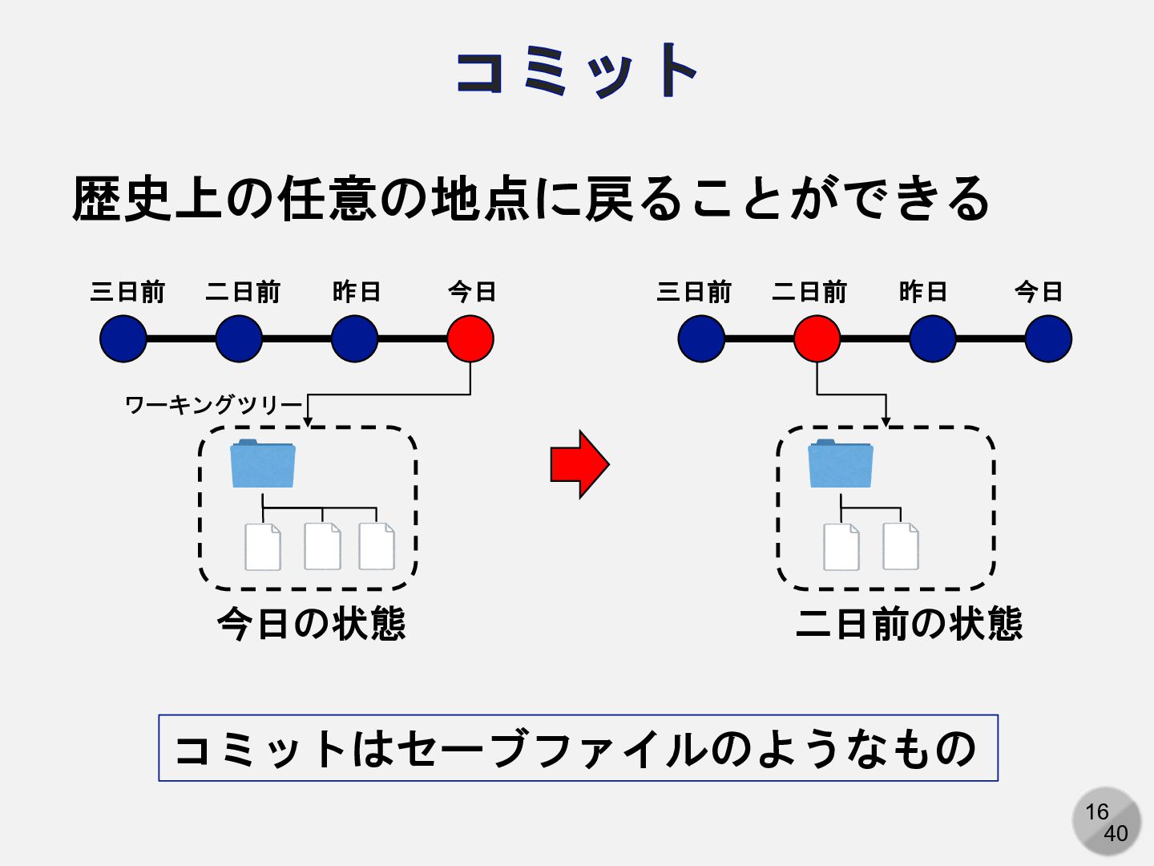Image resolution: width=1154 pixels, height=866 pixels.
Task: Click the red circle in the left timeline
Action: click(470, 338)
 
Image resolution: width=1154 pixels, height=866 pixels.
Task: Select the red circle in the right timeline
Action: click(817, 338)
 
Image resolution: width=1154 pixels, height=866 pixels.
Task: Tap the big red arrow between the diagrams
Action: click(579, 464)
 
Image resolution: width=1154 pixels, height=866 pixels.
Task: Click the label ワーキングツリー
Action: click(214, 405)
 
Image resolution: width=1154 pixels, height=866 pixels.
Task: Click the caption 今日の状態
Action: click(311, 624)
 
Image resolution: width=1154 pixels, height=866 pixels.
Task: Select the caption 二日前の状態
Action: click(909, 624)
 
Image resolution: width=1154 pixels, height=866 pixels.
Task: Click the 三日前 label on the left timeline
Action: click(127, 292)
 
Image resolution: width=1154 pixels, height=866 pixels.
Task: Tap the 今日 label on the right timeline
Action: click(1039, 292)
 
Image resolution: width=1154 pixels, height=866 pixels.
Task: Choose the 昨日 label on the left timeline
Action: click(357, 292)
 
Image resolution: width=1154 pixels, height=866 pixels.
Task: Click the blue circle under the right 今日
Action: click(1048, 338)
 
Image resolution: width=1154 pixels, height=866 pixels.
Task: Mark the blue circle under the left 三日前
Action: click(123, 338)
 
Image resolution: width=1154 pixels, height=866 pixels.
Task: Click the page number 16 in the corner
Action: click(1097, 811)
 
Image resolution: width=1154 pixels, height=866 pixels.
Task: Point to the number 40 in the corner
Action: click(1116, 834)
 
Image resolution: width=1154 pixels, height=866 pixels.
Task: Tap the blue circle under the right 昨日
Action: click(933, 338)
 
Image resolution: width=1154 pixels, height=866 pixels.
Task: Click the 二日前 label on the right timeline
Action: click(809, 292)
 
